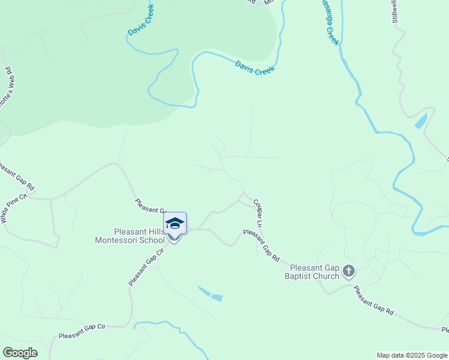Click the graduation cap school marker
(175, 223)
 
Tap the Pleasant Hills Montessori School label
(130, 236)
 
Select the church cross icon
(349, 272)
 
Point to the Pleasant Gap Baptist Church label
(315, 272)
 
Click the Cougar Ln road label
(259, 212)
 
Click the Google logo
(20, 353)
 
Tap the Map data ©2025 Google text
(412, 355)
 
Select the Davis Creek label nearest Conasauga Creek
(255, 68)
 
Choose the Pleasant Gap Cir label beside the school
(146, 268)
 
